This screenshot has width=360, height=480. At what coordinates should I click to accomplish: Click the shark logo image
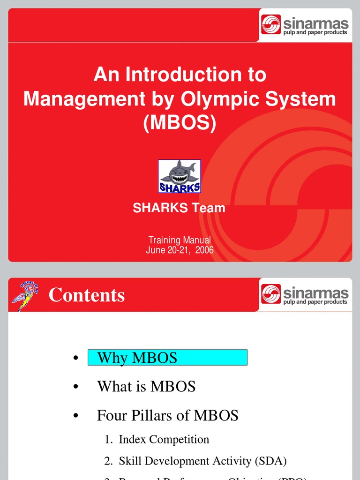coord(180,176)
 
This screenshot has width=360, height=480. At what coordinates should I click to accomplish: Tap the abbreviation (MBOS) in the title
coord(180,123)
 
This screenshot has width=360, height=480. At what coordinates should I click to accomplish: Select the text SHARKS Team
coord(179,208)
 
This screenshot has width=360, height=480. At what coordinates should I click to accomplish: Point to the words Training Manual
coord(180,240)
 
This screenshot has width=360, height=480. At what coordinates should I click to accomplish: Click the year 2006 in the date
coord(204,250)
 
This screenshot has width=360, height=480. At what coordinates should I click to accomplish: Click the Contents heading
coord(87,295)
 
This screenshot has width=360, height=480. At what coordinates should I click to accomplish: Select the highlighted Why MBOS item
coord(167,358)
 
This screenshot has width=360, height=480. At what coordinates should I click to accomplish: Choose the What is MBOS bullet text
coord(146,386)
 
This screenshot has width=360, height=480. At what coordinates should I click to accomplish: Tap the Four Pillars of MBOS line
coord(167,415)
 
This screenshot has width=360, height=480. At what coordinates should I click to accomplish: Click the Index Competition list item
coord(164,439)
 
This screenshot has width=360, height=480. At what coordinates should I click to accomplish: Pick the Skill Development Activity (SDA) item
coord(202,461)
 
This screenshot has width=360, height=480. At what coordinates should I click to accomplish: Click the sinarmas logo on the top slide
coord(305,25)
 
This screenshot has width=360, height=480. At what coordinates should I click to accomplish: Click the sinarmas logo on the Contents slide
coord(305,295)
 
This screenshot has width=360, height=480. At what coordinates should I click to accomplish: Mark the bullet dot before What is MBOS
coord(75,387)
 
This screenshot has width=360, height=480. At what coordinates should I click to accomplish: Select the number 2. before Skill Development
coord(109,461)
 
